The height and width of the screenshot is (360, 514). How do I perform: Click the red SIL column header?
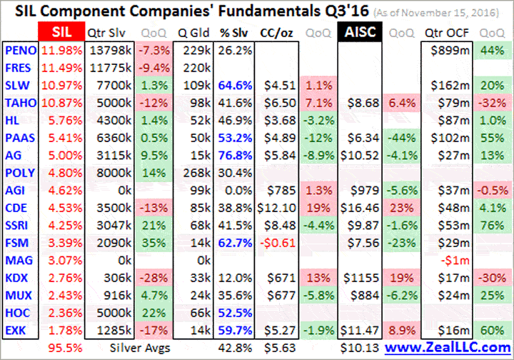tap(60, 33)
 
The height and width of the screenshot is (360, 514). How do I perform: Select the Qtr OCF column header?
tap(449, 33)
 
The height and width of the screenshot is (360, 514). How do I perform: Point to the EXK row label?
tap(17, 331)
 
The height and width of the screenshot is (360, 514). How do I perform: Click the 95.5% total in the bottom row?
tap(64, 348)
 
